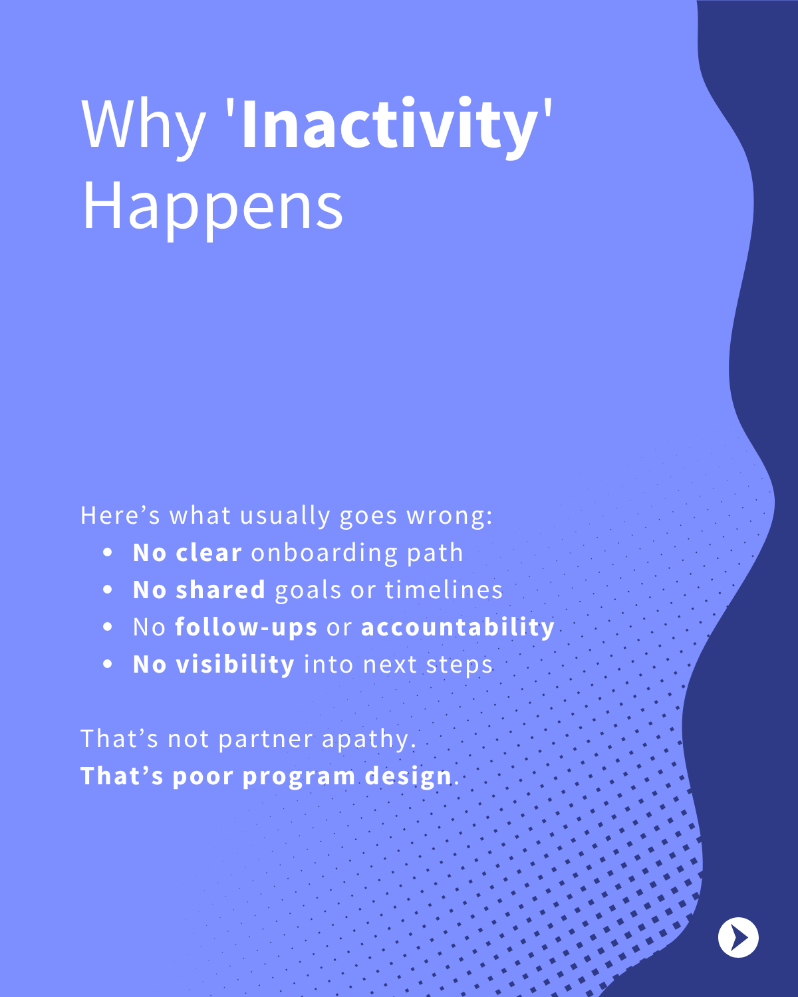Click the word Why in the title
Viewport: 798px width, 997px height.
(143, 128)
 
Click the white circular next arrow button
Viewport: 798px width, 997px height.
(738, 937)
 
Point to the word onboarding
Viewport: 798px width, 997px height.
(324, 553)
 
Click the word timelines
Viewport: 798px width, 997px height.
(444, 590)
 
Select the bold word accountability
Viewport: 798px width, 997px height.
(458, 627)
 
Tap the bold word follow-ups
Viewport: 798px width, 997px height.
(246, 627)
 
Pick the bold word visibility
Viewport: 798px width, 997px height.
(235, 665)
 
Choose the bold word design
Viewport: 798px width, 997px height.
(408, 777)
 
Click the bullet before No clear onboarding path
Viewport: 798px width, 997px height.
(108, 553)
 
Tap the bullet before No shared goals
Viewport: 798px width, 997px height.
(108, 590)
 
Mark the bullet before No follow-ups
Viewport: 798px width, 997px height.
(108, 627)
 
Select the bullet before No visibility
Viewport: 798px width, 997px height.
(108, 664)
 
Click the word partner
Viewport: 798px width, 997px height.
(266, 740)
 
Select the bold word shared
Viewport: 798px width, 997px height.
(221, 590)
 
